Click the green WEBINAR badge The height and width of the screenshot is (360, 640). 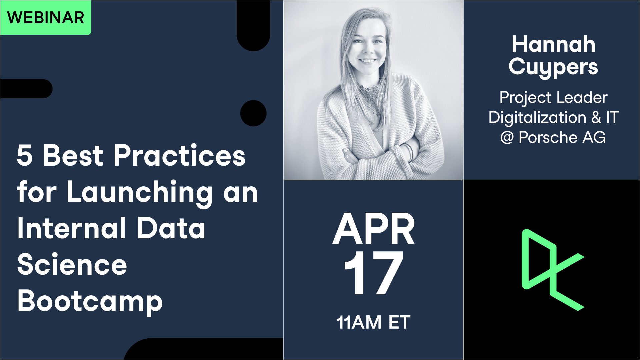[45, 17]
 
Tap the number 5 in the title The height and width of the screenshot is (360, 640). [25, 155]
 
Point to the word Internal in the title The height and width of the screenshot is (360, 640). [72, 228]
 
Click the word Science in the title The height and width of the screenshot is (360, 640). [72, 265]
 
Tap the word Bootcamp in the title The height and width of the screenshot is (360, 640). [90, 301]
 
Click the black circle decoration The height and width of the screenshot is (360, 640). [253, 113]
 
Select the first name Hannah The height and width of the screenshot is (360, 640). [553, 45]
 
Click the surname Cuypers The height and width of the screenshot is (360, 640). [553, 67]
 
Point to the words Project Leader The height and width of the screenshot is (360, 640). [553, 98]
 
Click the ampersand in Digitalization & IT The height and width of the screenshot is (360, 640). [596, 118]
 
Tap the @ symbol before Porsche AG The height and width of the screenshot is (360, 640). [507, 138]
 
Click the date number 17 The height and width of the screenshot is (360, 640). [373, 273]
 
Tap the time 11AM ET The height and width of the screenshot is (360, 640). [373, 322]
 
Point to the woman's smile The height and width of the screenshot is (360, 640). [368, 61]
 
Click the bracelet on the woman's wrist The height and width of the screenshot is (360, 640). [409, 152]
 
